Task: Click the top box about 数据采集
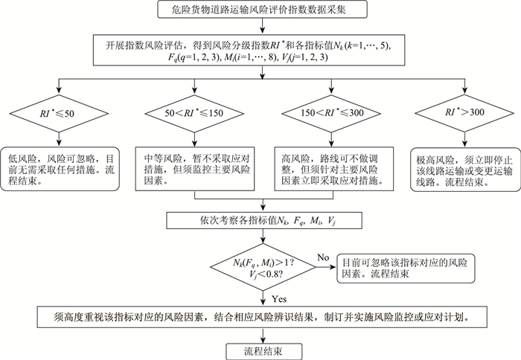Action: coord(260,11)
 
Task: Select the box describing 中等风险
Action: coord(193,167)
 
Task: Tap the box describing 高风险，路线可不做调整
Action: coord(327,167)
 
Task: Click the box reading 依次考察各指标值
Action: coord(260,220)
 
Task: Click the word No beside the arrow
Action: coord(322,257)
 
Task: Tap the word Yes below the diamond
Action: coord(278,299)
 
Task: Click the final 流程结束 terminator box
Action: coord(260,350)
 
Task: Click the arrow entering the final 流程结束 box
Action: coord(260,334)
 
